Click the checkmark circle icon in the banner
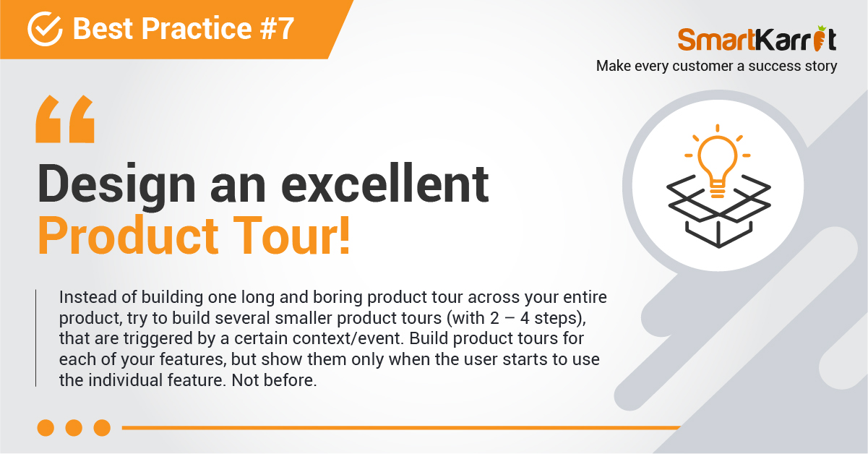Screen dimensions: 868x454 (45, 29)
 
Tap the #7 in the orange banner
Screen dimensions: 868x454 (277, 28)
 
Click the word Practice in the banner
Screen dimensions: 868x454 (197, 28)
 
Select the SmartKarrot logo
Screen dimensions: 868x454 (757, 39)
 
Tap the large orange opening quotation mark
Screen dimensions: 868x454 (65, 119)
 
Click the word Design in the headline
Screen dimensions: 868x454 (116, 184)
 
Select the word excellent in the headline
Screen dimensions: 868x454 (384, 184)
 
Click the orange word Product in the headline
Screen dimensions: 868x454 (128, 236)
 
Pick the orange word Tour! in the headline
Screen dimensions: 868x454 (291, 236)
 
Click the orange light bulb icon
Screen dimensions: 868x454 (717, 161)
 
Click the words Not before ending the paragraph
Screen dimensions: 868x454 (274, 380)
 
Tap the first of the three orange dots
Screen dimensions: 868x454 (46, 428)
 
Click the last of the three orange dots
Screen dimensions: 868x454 (103, 428)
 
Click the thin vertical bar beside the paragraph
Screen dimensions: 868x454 (35, 338)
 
